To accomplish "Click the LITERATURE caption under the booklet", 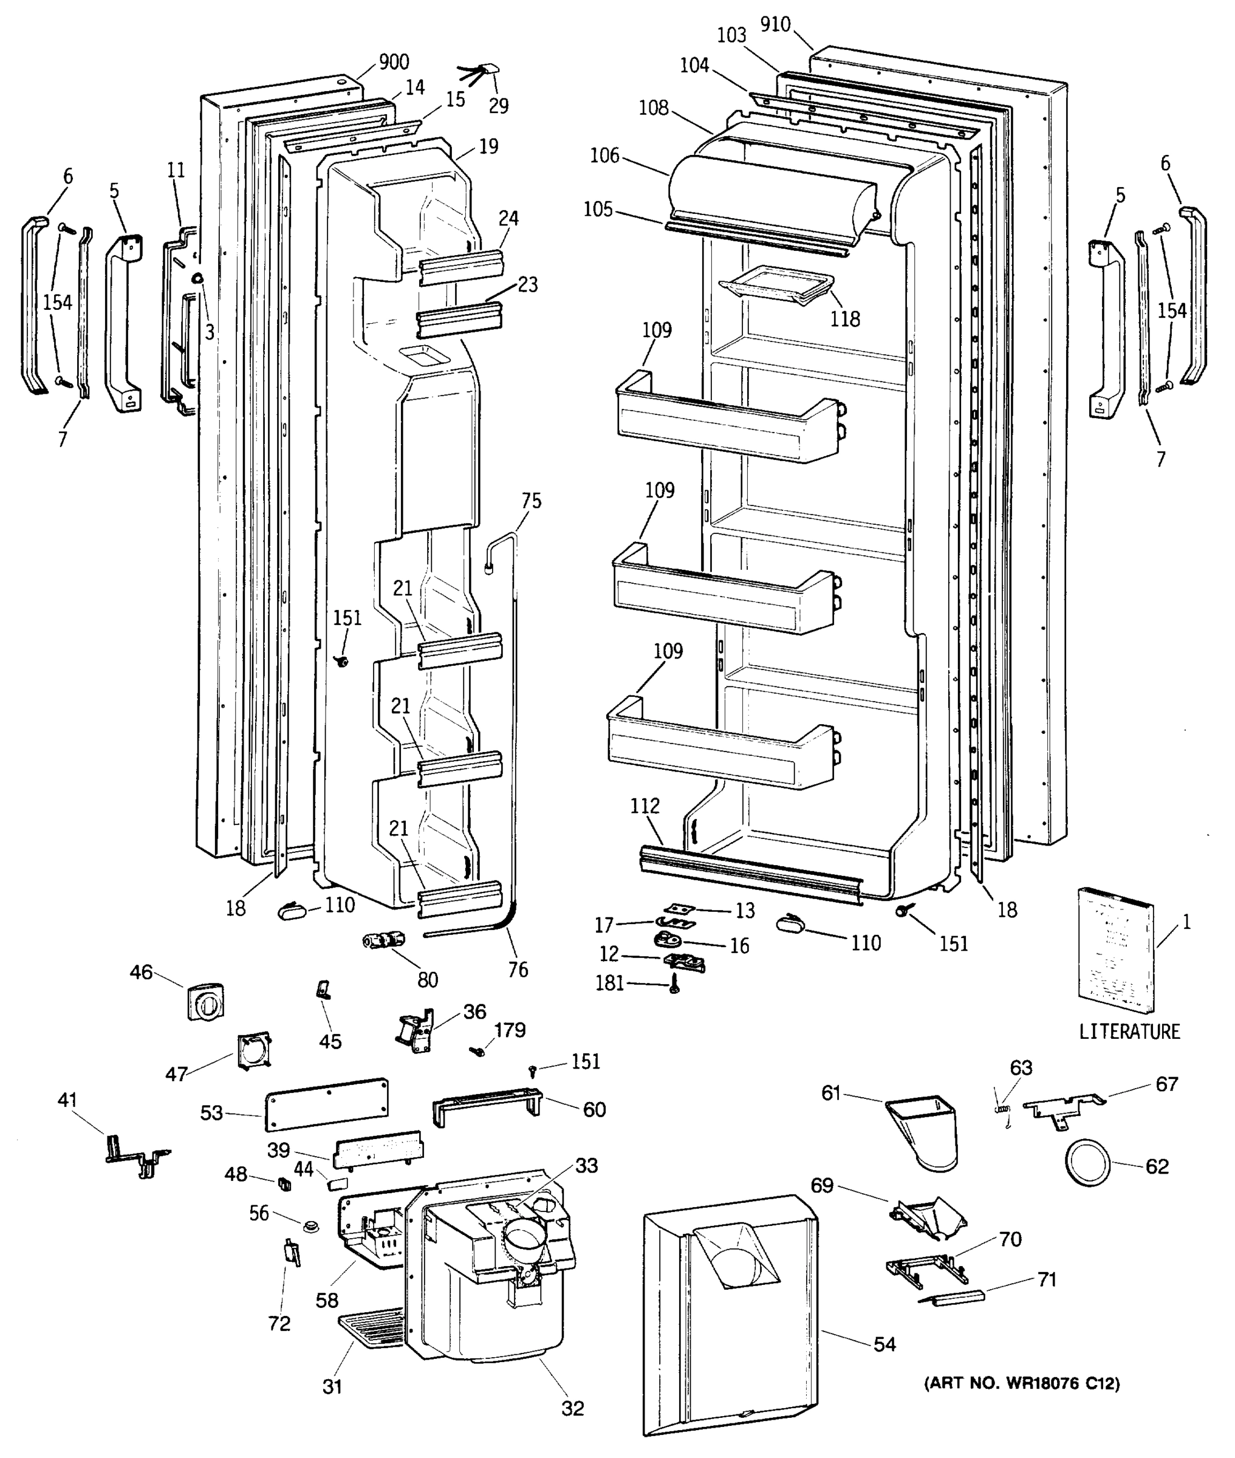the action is click(x=1129, y=1032).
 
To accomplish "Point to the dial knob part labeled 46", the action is click(x=206, y=1002).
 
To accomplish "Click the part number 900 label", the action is click(x=394, y=63).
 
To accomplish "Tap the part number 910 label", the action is click(x=775, y=24).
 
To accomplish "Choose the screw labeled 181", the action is click(x=675, y=984).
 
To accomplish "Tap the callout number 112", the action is click(x=644, y=806).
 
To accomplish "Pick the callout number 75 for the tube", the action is click(x=532, y=501).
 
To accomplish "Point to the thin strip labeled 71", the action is click(x=952, y=1297).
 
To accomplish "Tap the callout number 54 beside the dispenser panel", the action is click(x=885, y=1344).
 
